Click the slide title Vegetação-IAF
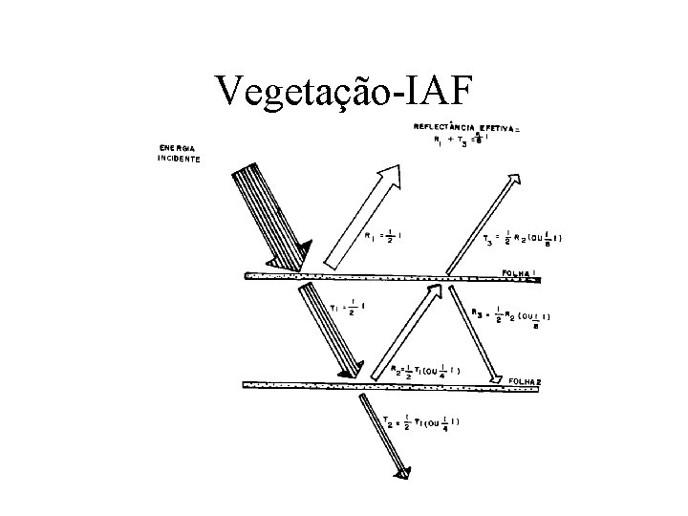[343, 90]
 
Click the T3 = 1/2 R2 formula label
[521, 239]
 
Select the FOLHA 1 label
[521, 271]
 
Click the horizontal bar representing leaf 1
[382, 278]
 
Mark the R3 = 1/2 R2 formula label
[517, 316]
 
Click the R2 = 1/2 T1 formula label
[428, 370]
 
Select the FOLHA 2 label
[522, 379]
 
